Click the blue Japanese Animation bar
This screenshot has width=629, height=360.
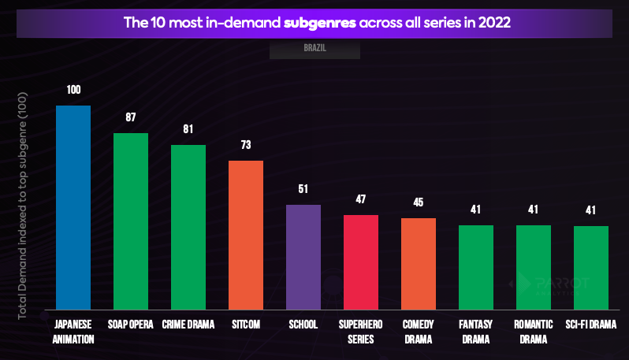pos(73,207)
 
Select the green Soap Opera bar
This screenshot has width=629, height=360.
pos(131,221)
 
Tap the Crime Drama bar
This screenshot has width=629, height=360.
pos(188,227)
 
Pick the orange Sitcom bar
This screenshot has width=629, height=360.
pos(246,235)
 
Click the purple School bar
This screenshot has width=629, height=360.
pos(303,257)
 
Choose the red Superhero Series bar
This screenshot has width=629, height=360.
pos(361,262)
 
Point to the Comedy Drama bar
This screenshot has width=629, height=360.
pos(419,263)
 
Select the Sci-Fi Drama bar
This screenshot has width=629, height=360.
pos(591,268)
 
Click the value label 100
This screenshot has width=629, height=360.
pos(73,90)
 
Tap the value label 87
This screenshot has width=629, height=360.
pos(131,117)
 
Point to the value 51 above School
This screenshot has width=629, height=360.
pos(303,189)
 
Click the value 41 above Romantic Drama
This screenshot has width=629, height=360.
pos(534,210)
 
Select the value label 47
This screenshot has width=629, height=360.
pos(361,199)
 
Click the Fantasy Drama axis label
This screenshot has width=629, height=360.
pos(476,332)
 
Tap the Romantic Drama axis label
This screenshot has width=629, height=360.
pos(534,332)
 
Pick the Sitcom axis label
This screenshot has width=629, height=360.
pos(246,325)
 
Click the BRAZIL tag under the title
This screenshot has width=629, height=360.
pos(315,48)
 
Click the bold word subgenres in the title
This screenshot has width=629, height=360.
pos(319,22)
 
